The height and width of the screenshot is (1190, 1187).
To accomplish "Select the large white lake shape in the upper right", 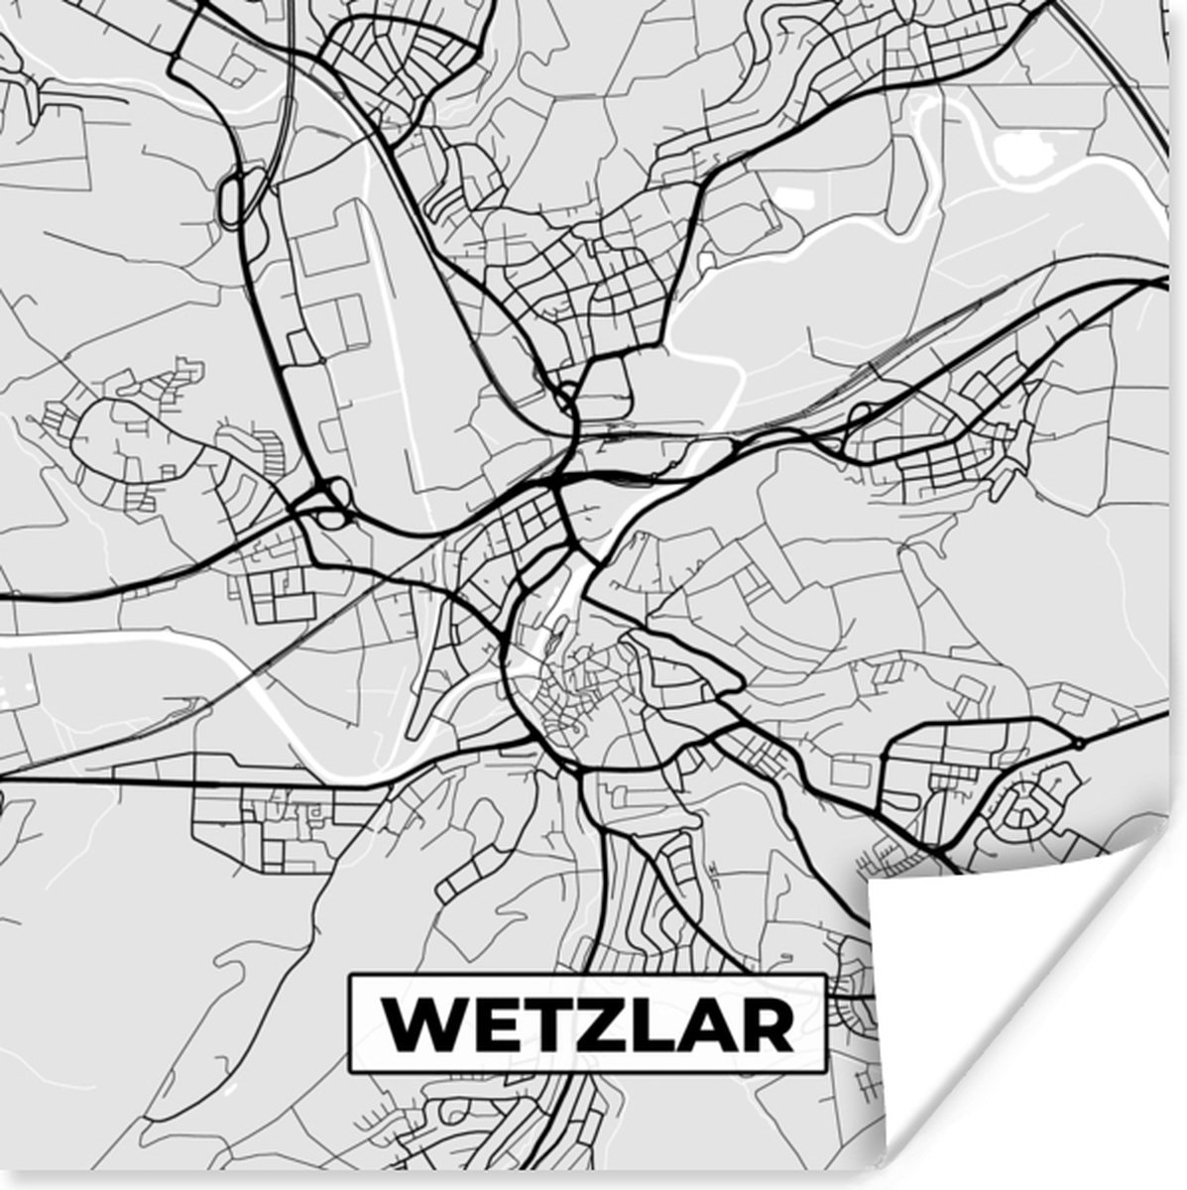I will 1018,154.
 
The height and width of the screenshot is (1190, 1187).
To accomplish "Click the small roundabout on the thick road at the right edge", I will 1076,742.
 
